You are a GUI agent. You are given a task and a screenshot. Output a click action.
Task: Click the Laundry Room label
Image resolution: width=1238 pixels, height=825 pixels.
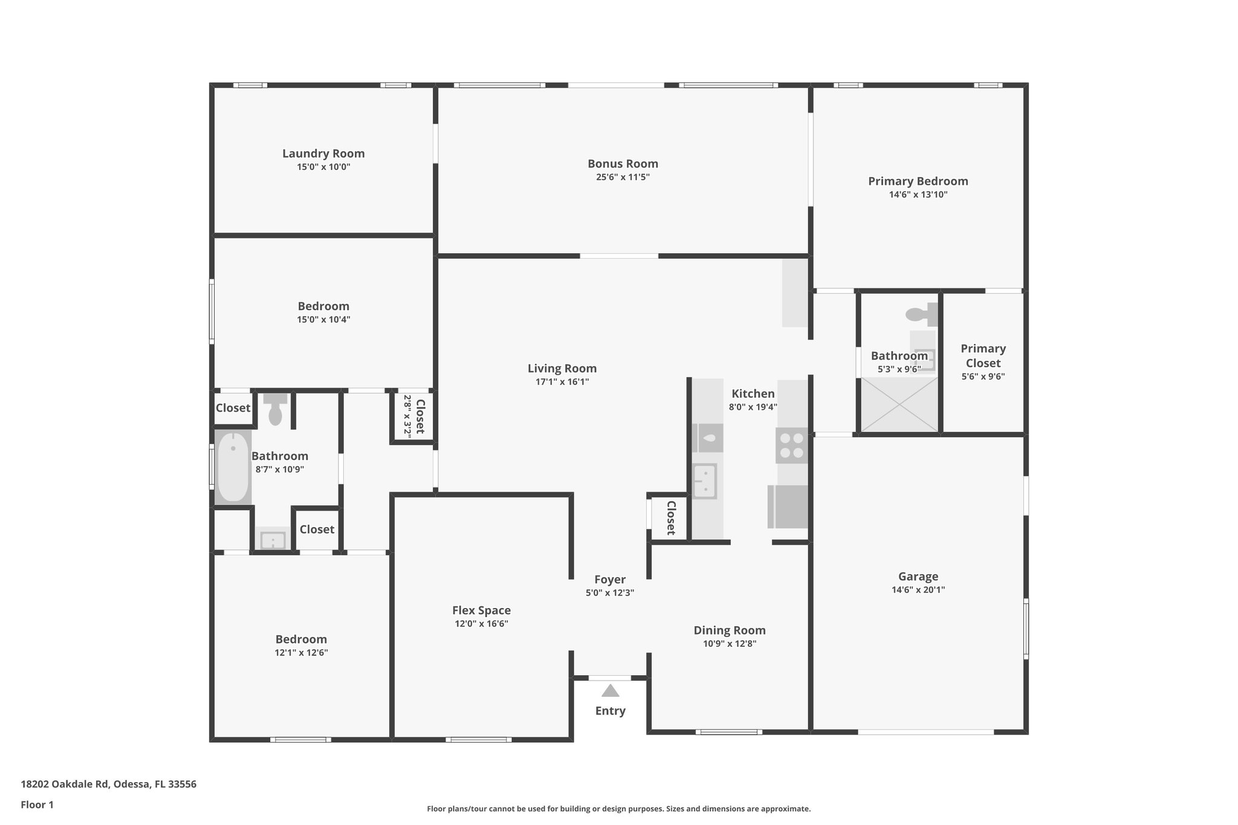pyautogui.click(x=323, y=154)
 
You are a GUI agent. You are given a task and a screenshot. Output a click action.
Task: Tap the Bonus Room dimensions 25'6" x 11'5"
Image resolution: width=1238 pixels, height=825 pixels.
pyautogui.click(x=623, y=177)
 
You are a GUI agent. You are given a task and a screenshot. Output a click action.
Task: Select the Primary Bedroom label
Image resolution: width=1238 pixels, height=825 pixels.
pyautogui.click(x=918, y=181)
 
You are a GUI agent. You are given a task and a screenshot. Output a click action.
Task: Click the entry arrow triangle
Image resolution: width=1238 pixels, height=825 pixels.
pyautogui.click(x=611, y=690)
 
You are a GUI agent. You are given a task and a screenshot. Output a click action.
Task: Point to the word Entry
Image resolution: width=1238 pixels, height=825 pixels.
pyautogui.click(x=611, y=711)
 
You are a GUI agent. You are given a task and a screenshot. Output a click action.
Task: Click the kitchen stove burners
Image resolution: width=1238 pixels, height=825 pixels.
pyautogui.click(x=792, y=445)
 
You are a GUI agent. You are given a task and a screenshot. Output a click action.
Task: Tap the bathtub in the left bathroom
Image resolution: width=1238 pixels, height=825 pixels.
pyautogui.click(x=233, y=467)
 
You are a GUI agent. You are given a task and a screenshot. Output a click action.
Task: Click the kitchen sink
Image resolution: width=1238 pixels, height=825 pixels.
pyautogui.click(x=705, y=481)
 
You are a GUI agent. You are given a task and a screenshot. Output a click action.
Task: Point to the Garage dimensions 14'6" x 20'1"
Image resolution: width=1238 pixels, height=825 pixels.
pyautogui.click(x=918, y=590)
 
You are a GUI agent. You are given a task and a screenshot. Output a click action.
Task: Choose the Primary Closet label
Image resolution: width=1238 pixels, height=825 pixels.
pyautogui.click(x=984, y=355)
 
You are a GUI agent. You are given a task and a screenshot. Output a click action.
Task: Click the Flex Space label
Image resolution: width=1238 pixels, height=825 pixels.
pyautogui.click(x=482, y=610)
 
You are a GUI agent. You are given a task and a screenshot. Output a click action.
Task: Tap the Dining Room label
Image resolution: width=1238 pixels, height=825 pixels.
pyautogui.click(x=730, y=630)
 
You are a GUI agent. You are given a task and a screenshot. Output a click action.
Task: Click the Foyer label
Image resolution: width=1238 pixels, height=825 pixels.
pyautogui.click(x=610, y=580)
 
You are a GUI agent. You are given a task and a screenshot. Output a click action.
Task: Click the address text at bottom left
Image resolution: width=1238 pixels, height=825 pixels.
pyautogui.click(x=109, y=784)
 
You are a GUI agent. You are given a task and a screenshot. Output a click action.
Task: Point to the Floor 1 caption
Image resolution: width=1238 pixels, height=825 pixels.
pyautogui.click(x=37, y=804)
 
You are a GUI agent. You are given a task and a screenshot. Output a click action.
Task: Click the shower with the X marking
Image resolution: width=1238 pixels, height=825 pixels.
pyautogui.click(x=899, y=404)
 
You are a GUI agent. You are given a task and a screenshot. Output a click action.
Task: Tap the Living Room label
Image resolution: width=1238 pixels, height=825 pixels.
pyautogui.click(x=562, y=369)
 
